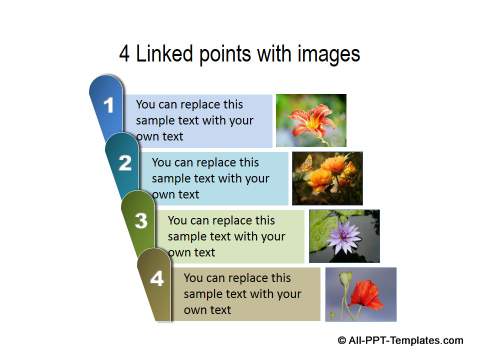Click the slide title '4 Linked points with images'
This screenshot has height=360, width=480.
point(239,54)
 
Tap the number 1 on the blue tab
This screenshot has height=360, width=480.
point(109,105)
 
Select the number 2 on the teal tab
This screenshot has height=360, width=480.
point(125,163)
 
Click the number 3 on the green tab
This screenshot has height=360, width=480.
point(141,221)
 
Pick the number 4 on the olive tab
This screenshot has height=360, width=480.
point(157,279)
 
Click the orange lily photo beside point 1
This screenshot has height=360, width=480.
point(310,121)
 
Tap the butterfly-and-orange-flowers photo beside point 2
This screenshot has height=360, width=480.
point(327,178)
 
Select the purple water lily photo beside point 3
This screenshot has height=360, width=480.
point(343,236)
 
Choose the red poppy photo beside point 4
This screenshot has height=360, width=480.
point(360,294)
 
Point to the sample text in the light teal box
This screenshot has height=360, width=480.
point(210,178)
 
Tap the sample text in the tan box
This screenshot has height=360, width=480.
point(242,294)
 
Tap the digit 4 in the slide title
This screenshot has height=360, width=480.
point(125,54)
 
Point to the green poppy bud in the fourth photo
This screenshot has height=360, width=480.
point(346,279)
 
